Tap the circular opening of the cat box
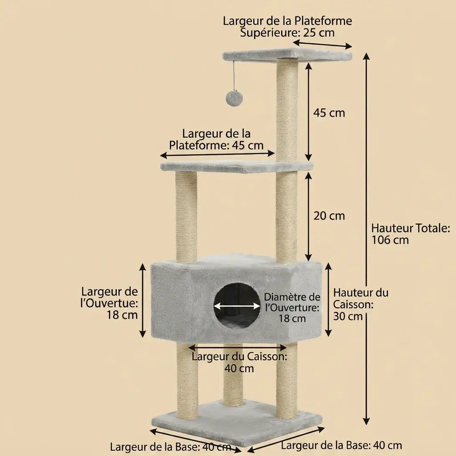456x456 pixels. pyautogui.click(x=237, y=306)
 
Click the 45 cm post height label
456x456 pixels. pyautogui.click(x=329, y=113)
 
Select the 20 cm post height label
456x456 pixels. pyautogui.click(x=329, y=216)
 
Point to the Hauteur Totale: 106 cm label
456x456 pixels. pyautogui.click(x=411, y=234)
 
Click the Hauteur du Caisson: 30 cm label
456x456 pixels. pyautogui.click(x=361, y=304)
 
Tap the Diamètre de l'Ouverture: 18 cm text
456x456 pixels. pyautogui.click(x=292, y=308)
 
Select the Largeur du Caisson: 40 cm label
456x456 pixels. pyautogui.click(x=239, y=362)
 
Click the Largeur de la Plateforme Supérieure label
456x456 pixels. pyautogui.click(x=287, y=26)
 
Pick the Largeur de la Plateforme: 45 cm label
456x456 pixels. pyautogui.click(x=216, y=139)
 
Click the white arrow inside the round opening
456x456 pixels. pyautogui.click(x=237, y=306)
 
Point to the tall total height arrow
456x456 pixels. pyautogui.click(x=366, y=239)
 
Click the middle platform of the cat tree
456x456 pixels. pyautogui.click(x=237, y=167)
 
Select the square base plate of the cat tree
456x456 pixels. pyautogui.click(x=237, y=422)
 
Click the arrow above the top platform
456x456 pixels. pyautogui.click(x=322, y=44)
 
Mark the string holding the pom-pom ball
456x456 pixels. pyautogui.click(x=234, y=76)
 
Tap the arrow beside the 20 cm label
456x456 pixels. pyautogui.click(x=309, y=216)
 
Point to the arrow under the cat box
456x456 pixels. pyautogui.click(x=238, y=347)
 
